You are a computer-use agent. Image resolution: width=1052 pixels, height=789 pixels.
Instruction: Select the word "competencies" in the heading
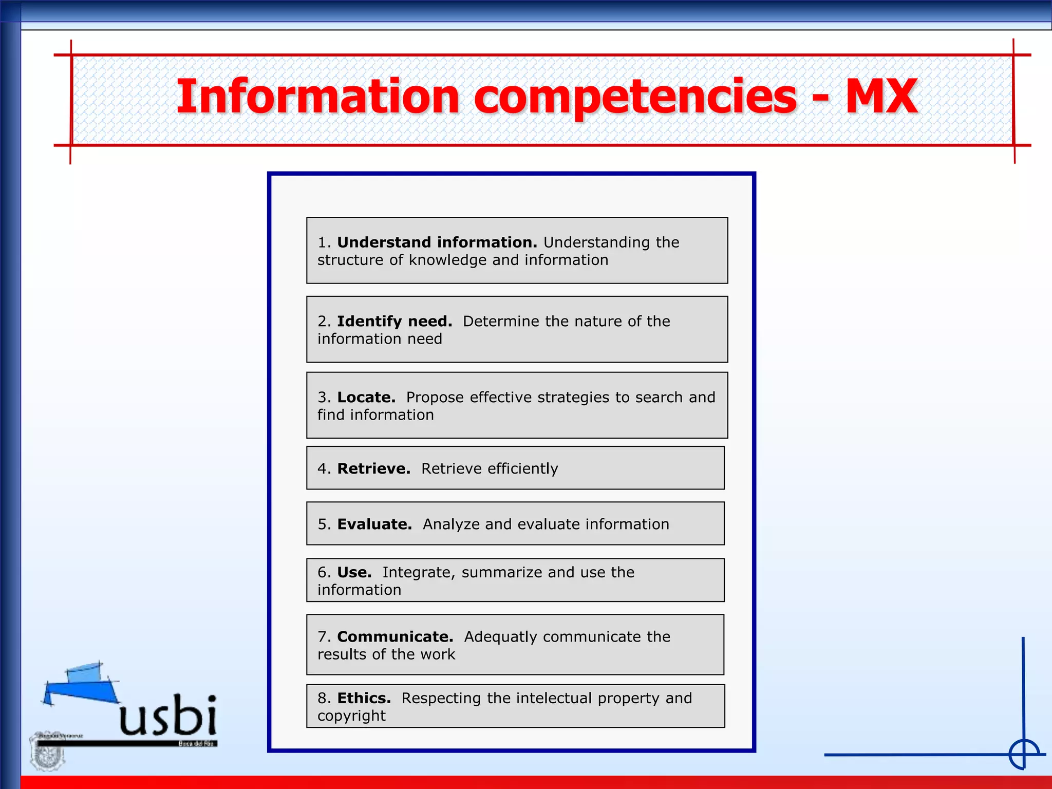pos(635,98)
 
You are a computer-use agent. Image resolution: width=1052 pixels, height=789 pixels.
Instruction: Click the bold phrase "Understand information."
pos(437,242)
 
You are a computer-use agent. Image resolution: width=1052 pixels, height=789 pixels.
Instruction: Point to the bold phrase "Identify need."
pos(394,322)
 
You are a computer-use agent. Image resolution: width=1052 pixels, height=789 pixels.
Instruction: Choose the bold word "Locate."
pos(366,397)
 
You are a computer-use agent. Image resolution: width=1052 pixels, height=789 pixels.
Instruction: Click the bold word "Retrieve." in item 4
pos(373,468)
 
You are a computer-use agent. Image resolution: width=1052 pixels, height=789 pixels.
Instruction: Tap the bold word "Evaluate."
pos(374,524)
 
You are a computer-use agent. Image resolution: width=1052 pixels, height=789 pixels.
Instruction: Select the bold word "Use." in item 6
pos(354,572)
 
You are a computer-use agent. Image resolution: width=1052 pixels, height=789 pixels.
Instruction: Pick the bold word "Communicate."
pos(395,637)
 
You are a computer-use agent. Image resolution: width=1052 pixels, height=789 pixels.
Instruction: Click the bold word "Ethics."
pos(364,698)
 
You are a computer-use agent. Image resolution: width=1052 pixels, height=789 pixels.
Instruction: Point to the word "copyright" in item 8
pos(351,716)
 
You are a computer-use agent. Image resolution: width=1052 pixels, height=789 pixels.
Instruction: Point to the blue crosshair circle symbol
pos(1024,755)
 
